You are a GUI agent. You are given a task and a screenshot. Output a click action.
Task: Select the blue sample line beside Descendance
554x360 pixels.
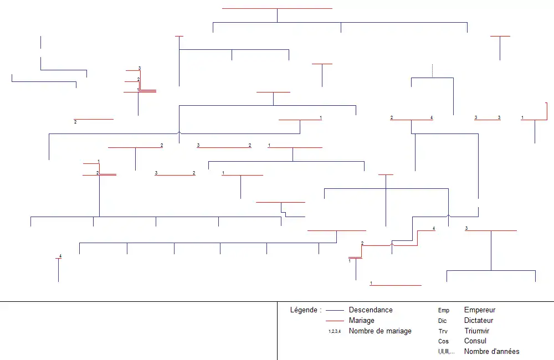coord(335,310)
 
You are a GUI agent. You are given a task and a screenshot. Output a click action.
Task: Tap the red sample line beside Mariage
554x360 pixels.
coord(335,321)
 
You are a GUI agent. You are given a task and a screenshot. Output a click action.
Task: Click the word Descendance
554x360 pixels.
coord(371,310)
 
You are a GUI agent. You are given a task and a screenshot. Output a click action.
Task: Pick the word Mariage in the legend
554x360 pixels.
coord(361,321)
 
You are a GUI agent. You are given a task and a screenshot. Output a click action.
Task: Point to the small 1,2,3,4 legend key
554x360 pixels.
coord(335,331)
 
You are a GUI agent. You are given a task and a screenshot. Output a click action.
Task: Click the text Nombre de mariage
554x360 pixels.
coord(380,331)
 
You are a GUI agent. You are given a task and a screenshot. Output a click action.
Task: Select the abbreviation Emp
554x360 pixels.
coord(444,311)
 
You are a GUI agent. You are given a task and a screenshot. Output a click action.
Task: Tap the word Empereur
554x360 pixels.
coord(480,310)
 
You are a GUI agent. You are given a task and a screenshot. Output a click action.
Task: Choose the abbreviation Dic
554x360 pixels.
coord(443,321)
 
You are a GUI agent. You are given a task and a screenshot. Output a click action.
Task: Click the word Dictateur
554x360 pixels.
coord(479,321)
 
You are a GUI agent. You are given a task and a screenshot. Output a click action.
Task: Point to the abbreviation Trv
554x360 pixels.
coord(443,331)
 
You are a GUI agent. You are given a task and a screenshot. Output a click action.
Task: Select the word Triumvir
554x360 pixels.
coord(476,331)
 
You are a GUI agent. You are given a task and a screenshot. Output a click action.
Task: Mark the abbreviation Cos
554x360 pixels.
coord(443,342)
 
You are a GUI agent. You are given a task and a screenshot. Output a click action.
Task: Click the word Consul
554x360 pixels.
coord(475,341)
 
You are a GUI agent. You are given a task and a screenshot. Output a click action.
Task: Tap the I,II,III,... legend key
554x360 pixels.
coord(446,352)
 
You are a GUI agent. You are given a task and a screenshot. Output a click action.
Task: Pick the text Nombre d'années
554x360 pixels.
coord(492,352)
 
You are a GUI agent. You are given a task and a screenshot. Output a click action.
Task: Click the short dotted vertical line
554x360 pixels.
coord(432,71)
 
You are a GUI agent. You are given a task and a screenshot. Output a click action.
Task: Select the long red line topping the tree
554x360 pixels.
coord(277,8)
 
